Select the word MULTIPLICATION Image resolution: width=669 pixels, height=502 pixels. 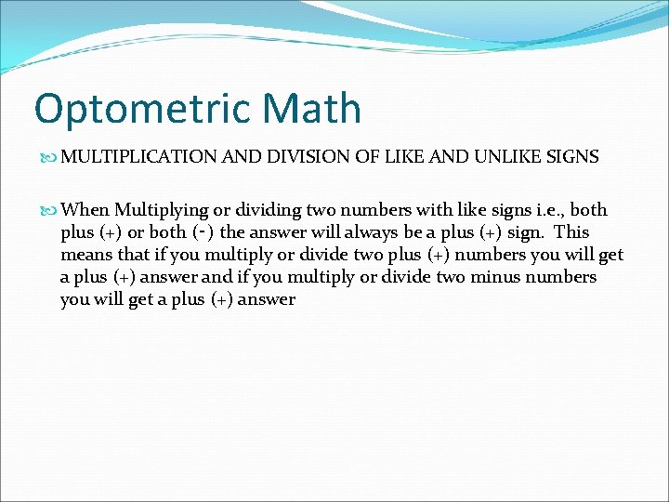pos(139,157)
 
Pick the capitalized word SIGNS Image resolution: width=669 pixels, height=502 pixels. pos(573,157)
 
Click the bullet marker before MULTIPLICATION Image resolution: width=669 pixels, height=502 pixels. pos(50,157)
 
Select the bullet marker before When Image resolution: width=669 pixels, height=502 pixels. pos(50,210)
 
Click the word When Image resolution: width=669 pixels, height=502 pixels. pos(85,210)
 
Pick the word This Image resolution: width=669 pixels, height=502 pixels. pos(571,232)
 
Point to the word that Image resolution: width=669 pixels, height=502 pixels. pos(131,255)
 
